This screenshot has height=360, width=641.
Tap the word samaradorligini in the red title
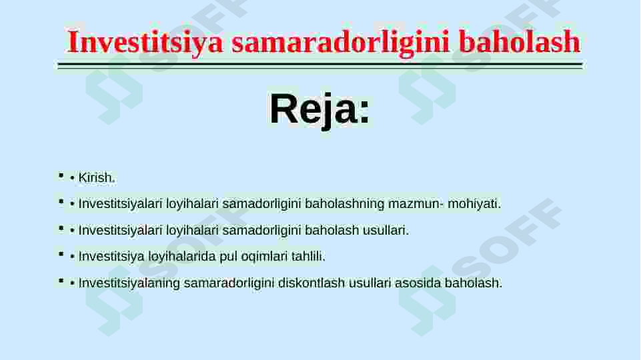click(x=341, y=43)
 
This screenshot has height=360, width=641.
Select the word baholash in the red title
click(x=519, y=42)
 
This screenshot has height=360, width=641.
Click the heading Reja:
click(x=319, y=109)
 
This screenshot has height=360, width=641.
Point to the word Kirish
click(x=97, y=178)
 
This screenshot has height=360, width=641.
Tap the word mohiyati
click(x=474, y=203)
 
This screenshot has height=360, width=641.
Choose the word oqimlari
click(x=264, y=257)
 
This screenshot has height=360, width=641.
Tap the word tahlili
click(x=308, y=257)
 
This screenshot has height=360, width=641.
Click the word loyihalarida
click(x=182, y=257)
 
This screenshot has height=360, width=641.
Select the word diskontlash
click(x=311, y=283)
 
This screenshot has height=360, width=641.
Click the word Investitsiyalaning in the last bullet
click(x=129, y=283)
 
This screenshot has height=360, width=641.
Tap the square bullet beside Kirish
click(x=61, y=176)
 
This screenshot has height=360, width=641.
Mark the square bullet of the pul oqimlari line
click(x=61, y=254)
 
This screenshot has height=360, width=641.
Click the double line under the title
click(x=320, y=66)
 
